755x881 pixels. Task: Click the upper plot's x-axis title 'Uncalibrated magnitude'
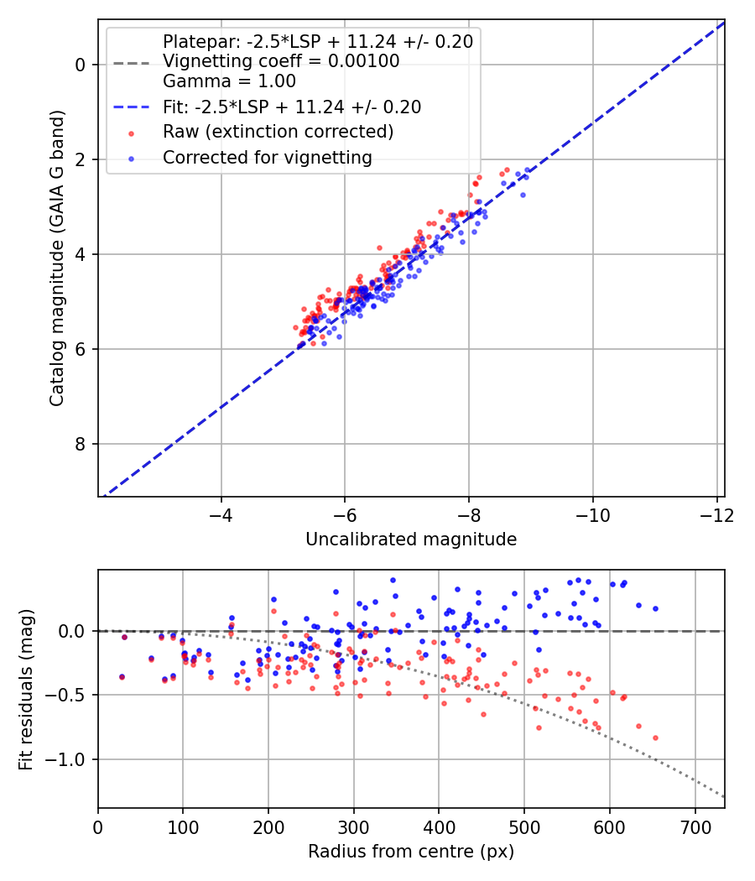[410, 540]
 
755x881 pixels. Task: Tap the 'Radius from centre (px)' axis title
[410, 852]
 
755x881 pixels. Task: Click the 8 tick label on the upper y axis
[81, 444]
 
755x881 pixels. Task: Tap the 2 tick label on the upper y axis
[81, 159]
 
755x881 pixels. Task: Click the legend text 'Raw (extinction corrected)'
[278, 132]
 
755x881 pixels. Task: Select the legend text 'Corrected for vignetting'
[268, 157]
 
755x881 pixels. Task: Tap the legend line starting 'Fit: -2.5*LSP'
[292, 107]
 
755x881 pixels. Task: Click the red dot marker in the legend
[131, 133]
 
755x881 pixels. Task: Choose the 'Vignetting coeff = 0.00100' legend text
[281, 61]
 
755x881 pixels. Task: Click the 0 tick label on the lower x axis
[98, 826]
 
